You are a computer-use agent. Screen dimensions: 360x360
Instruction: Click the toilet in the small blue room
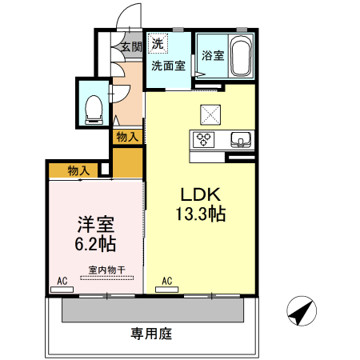tap(93, 106)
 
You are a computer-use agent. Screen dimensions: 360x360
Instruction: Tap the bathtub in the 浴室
tap(239, 55)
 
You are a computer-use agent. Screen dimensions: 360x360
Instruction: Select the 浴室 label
tap(213, 56)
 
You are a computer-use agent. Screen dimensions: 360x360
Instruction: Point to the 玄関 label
tap(131, 47)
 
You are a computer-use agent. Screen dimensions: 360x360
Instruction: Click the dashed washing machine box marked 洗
tap(158, 42)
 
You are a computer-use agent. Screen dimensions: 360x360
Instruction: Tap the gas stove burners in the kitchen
tap(204, 140)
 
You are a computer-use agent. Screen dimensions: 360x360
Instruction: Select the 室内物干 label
tap(106, 270)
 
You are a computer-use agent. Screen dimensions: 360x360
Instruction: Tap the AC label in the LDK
tap(167, 282)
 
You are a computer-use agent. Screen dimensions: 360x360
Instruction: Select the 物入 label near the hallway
tap(126, 137)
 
